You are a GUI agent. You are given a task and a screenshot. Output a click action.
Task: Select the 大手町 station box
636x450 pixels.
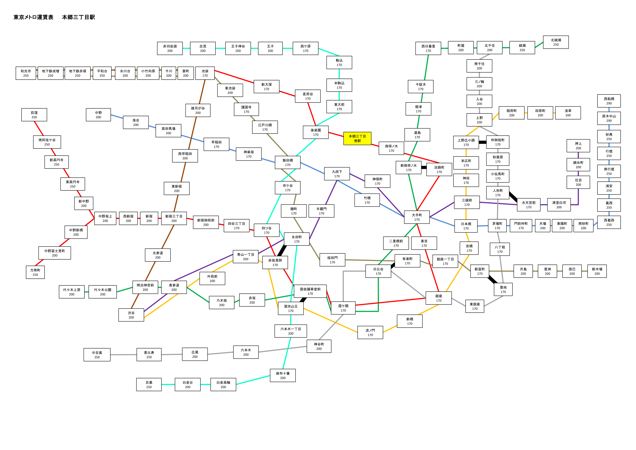coord(417,217)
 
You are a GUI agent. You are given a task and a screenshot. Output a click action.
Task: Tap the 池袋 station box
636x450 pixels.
coord(205,73)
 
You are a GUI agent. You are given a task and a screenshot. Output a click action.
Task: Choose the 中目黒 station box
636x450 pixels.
coord(97,355)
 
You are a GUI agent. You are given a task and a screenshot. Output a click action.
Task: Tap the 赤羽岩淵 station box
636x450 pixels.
coord(170,48)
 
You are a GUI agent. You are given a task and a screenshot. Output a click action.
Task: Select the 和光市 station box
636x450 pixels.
coord(26,73)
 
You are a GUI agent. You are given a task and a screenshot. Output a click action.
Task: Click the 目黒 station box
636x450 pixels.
coord(149,385)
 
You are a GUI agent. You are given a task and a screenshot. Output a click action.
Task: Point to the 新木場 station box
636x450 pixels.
coord(597,271)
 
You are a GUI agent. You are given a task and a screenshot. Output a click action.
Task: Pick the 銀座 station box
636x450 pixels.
coord(439,298)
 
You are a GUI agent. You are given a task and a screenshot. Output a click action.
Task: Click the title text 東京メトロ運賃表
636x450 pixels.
coord(33,17)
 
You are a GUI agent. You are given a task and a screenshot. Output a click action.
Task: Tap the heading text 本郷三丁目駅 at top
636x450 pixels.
coord(78,17)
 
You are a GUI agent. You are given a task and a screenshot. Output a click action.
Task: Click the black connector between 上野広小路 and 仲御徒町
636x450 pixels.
coord(483,142)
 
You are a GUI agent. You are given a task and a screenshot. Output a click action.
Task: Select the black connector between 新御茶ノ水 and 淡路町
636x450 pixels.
coord(424,167)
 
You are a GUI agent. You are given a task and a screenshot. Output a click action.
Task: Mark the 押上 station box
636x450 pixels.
coord(578,146)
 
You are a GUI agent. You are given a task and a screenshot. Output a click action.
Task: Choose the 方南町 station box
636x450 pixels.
coord(35,272)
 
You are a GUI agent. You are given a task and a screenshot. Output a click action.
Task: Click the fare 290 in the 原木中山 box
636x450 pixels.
coord(609,121)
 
